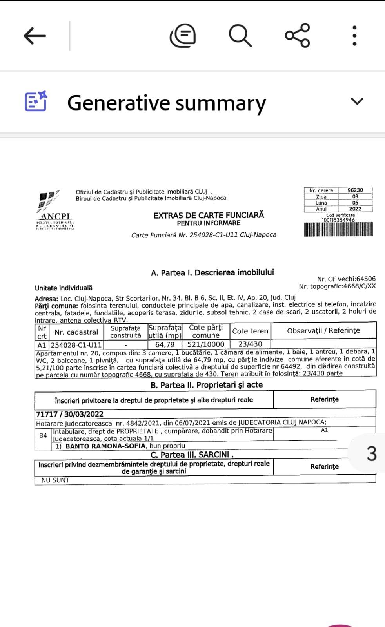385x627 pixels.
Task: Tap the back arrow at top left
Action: click(35, 36)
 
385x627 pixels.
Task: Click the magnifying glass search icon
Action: click(240, 36)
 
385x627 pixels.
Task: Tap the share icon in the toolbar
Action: click(298, 36)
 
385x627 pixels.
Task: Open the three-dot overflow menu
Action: click(354, 36)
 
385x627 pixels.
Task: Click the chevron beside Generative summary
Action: click(357, 101)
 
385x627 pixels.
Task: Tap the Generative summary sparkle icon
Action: click(36, 101)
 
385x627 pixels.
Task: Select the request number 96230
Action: click(355, 190)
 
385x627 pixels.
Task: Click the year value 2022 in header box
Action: click(355, 209)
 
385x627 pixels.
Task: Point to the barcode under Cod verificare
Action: click(338, 229)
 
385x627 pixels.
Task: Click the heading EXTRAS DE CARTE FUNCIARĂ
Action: click(209, 215)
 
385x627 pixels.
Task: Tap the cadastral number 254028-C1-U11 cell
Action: click(76, 345)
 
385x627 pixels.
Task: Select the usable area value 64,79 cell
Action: click(165, 345)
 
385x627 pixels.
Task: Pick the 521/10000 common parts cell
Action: click(206, 345)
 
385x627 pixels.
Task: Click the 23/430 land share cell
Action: click(250, 344)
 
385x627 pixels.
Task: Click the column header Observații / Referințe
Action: click(323, 331)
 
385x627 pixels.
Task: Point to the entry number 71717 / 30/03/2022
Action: click(70, 414)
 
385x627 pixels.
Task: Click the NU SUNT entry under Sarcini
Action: click(55, 480)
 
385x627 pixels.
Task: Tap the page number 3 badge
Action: click(371, 453)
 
